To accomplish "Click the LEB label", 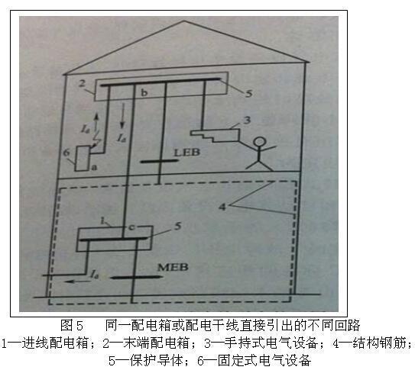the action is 186,152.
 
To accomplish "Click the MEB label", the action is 173,267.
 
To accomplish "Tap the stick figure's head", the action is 259,142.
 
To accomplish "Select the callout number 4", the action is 222,207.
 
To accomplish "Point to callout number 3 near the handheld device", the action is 247,121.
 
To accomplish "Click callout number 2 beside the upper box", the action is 83,83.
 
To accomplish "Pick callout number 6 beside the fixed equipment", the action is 66,153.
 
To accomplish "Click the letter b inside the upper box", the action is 144,93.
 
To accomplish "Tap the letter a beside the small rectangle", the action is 95,167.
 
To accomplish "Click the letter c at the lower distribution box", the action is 131,227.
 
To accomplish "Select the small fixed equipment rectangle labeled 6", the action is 83,159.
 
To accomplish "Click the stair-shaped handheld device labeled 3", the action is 216,135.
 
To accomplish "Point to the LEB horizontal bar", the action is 159,161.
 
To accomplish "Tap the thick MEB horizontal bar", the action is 137,277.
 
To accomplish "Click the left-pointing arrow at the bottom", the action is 78,282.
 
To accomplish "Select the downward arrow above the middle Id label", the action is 122,116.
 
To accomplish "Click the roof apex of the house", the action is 184,21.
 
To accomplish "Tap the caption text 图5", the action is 72,325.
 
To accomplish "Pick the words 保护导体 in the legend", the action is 156,360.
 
